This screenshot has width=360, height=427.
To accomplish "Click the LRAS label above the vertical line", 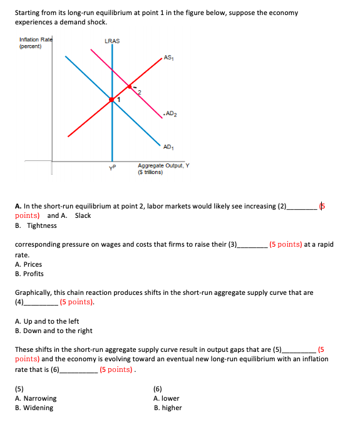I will (113, 41).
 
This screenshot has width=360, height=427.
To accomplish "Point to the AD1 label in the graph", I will (167, 147).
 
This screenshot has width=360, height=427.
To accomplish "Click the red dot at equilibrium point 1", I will (112, 100).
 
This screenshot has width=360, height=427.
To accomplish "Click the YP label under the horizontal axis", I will (112, 167).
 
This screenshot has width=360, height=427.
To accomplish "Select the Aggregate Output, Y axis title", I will (163, 168).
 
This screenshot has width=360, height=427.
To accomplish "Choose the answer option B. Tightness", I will (36, 225).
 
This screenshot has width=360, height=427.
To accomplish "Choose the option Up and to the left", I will (47, 321).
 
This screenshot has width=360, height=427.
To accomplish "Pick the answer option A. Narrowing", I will (36, 398).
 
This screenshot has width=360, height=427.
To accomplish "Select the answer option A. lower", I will (167, 398).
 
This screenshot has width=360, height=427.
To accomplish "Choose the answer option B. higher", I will (168, 408).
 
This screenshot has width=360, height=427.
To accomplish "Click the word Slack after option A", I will (83, 215).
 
